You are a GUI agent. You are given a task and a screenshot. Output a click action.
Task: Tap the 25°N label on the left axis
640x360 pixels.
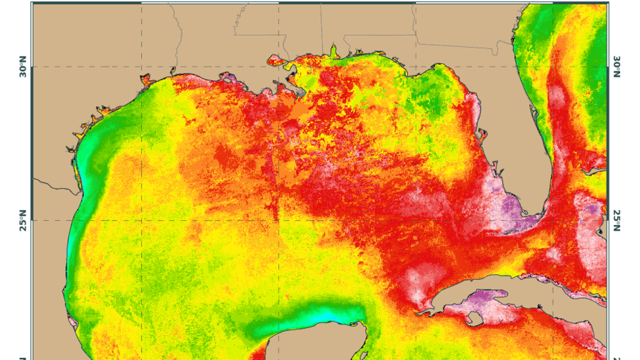[23, 221]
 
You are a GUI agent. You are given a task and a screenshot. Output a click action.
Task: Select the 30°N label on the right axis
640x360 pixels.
[616, 66]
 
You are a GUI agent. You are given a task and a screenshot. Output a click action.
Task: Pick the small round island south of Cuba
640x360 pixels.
[474, 318]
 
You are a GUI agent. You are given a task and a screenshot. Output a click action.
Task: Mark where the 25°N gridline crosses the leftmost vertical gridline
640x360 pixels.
[141, 220]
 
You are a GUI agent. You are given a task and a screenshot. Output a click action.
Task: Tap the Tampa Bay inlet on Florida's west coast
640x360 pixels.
[481, 135]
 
